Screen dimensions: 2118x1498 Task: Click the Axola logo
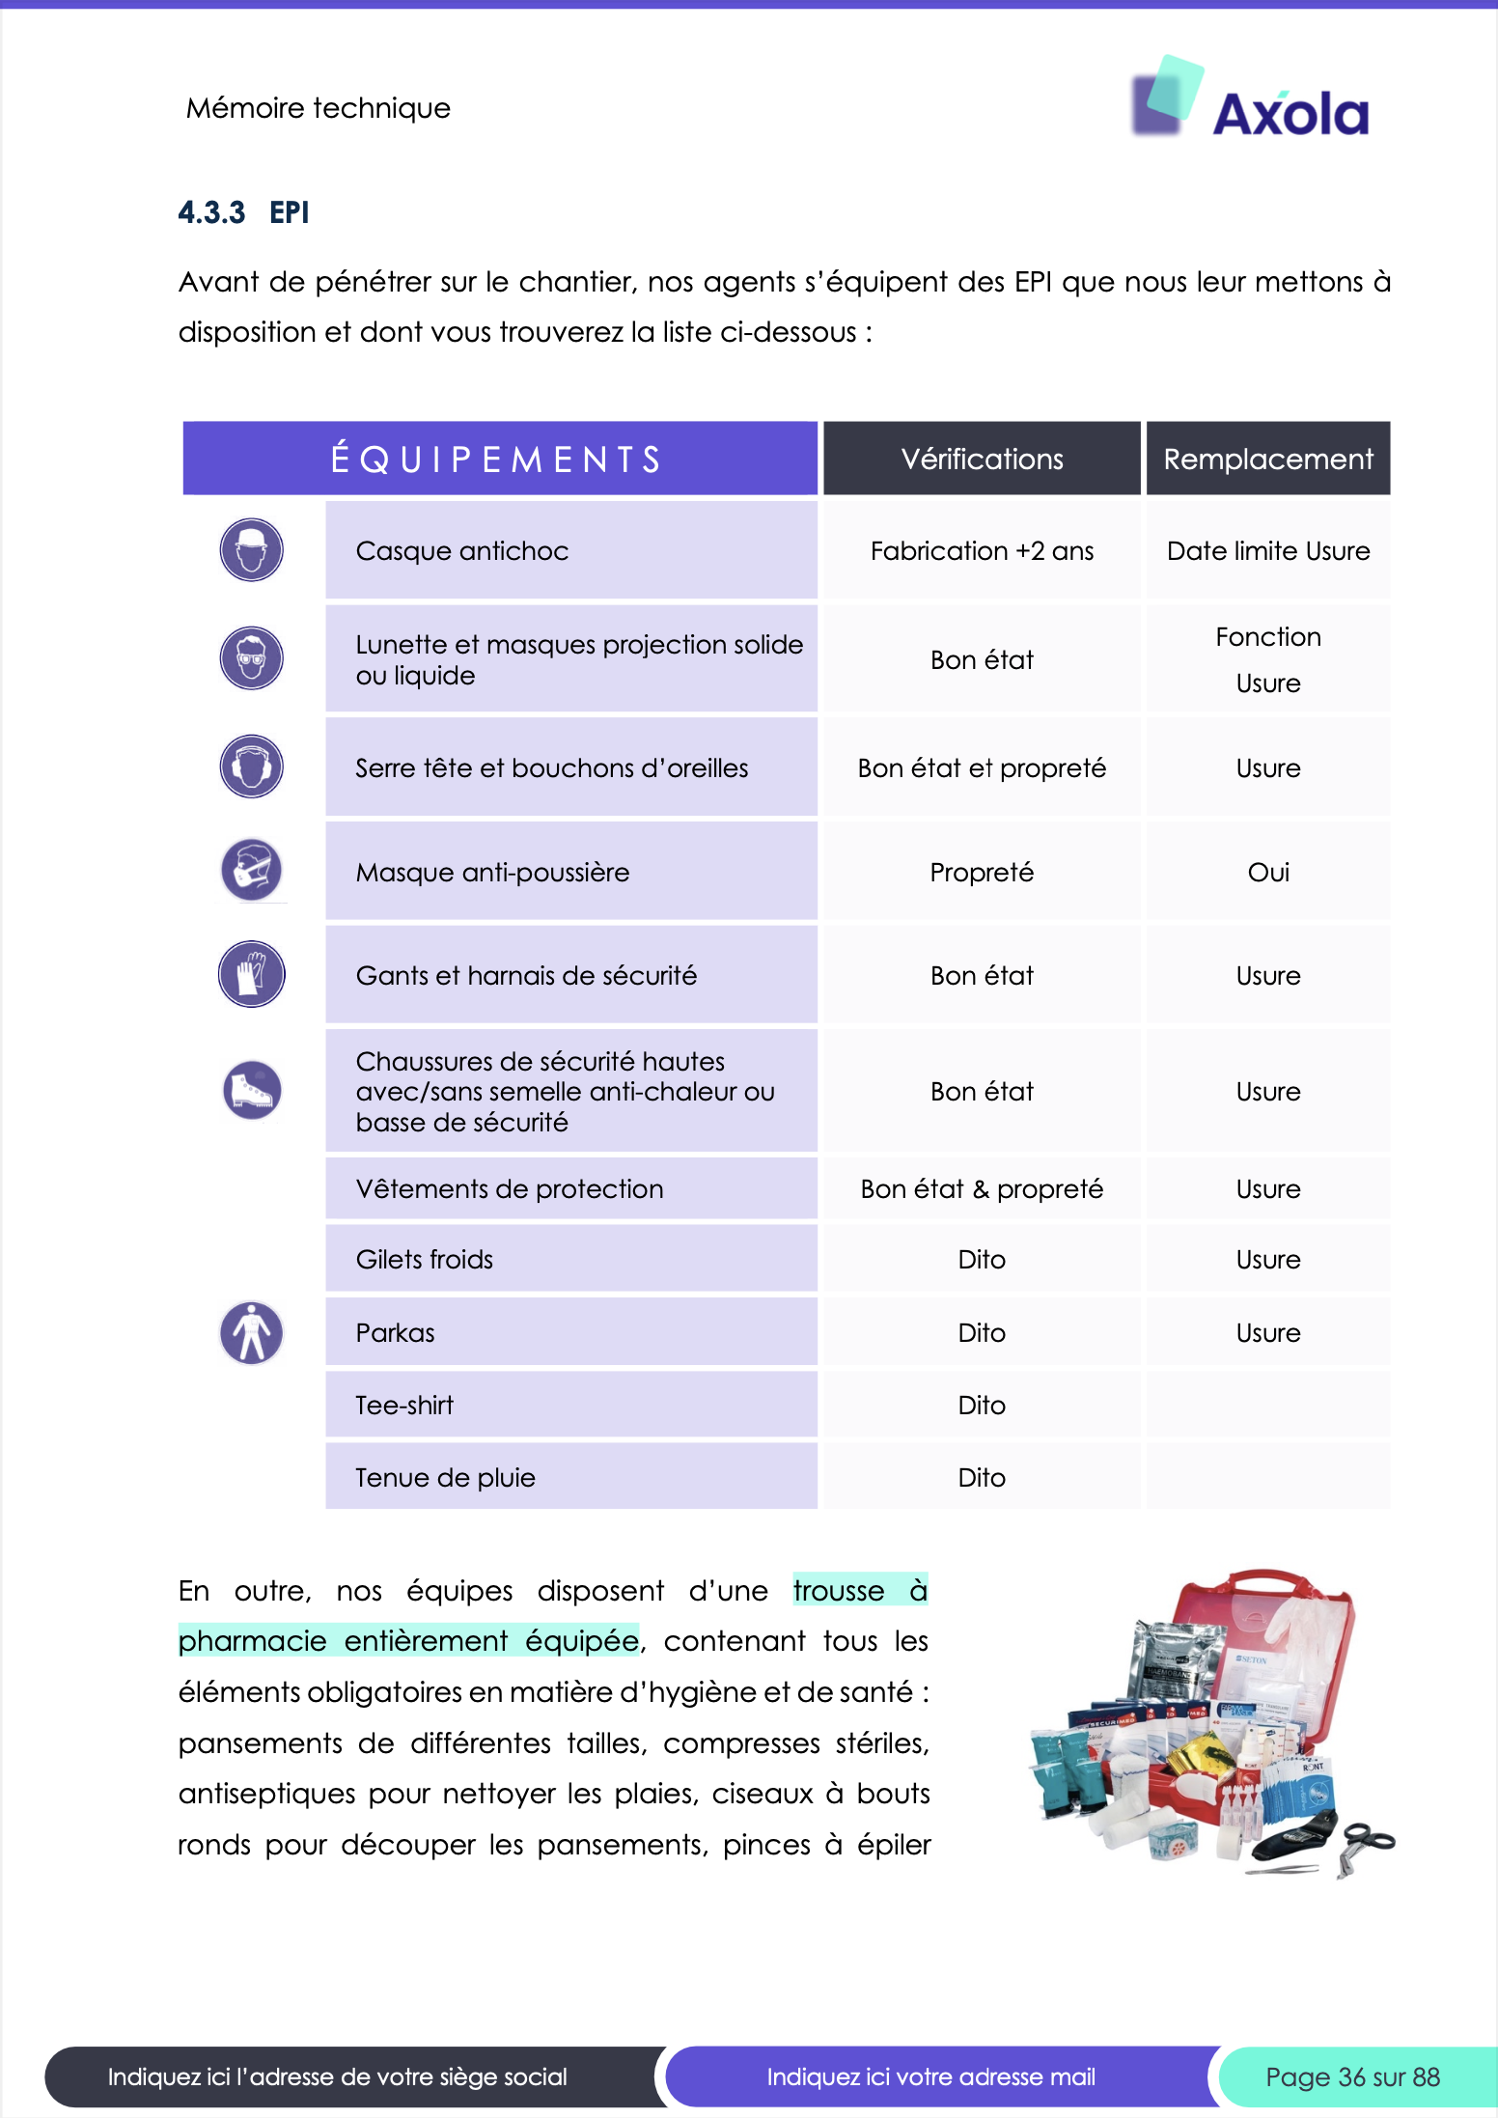[x=1251, y=100]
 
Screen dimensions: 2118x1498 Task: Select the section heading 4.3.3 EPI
[x=243, y=212]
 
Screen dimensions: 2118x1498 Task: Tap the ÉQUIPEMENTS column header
[x=499, y=459]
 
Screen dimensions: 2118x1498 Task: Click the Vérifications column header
[x=982, y=459]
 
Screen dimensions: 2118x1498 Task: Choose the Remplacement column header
[x=1267, y=459]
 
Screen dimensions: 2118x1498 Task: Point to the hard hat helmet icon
[x=252, y=550]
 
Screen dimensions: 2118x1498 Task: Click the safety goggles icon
[x=252, y=658]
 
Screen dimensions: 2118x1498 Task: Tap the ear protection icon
[x=252, y=766]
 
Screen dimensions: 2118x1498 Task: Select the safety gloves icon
[x=252, y=973]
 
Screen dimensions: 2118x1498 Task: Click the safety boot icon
[x=252, y=1090]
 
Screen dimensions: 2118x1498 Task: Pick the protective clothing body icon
[x=252, y=1332]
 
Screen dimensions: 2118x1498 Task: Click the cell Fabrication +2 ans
[x=982, y=551]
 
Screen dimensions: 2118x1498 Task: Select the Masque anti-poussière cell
[x=492, y=873]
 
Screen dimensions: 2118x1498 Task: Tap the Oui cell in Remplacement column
[x=1267, y=873]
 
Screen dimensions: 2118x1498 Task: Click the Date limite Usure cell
[x=1267, y=551]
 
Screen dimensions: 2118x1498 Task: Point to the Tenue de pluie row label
[x=445, y=1478]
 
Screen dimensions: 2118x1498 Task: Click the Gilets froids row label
[x=425, y=1260]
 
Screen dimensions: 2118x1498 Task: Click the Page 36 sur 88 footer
[x=1352, y=2076]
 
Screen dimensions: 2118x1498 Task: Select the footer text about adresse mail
[x=930, y=2076]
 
